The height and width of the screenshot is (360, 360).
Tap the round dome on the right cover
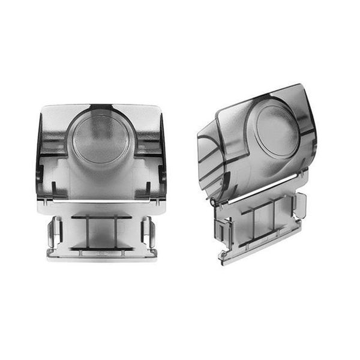[x=277, y=125]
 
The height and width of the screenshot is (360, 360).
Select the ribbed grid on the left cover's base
[x=101, y=231]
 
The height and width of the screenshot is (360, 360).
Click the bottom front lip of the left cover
[x=101, y=254]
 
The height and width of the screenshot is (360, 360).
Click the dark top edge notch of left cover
[x=101, y=109]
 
